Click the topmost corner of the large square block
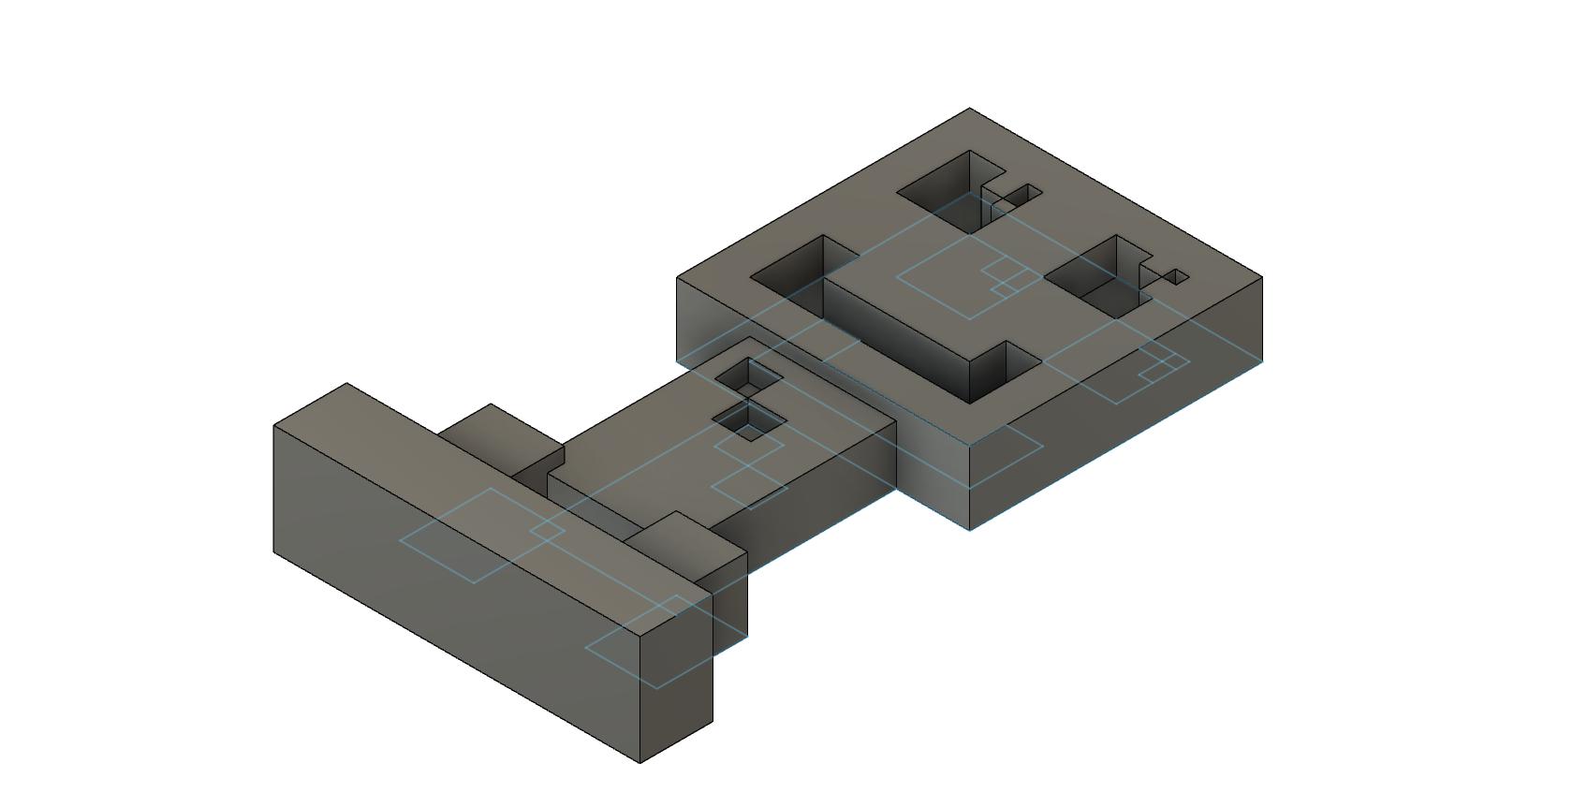point(969,109)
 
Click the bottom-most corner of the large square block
point(969,529)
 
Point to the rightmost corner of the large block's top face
point(1262,277)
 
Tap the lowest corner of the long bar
point(639,762)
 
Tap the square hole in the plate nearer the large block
point(749,375)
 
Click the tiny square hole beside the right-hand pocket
point(1177,277)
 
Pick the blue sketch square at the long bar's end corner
point(646,646)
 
